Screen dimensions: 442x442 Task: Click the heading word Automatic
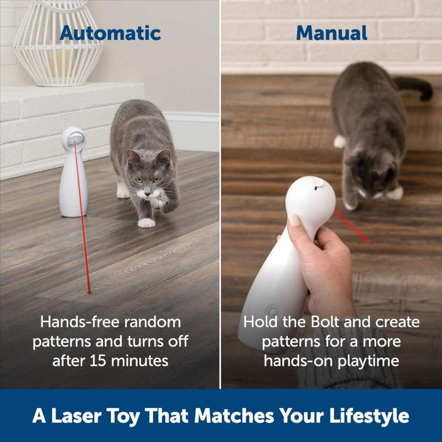[x=110, y=33]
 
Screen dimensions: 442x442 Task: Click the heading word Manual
[x=331, y=33]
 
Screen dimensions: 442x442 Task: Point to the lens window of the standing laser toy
[x=74, y=140]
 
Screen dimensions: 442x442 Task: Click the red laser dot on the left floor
[x=89, y=292]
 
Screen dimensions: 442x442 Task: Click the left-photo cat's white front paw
[x=147, y=223]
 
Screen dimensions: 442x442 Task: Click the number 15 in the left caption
[x=98, y=361]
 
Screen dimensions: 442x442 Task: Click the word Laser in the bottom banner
[x=73, y=416]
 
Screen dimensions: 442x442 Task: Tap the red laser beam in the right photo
[x=351, y=226]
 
